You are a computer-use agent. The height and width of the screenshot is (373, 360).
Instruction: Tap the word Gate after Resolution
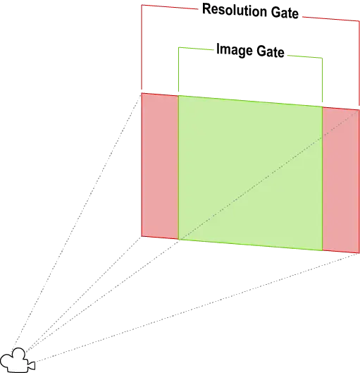(285, 13)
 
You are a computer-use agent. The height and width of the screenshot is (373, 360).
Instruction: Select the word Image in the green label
(235, 50)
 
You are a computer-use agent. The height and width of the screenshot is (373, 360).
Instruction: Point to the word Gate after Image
(271, 51)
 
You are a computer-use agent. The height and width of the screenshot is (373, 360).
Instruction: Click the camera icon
(18, 360)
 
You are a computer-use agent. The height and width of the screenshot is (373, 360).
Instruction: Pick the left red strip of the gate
(160, 166)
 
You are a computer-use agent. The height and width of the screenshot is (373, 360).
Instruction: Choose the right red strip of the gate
(341, 180)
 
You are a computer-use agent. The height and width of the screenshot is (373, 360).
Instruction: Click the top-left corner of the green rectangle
(179, 96)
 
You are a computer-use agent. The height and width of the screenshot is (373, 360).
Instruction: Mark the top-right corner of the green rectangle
(323, 106)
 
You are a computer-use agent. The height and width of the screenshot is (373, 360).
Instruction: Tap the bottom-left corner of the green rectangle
(179, 239)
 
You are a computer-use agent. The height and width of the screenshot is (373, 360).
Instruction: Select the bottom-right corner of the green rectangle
(323, 250)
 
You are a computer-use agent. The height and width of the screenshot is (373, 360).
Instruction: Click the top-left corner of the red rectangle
(142, 93)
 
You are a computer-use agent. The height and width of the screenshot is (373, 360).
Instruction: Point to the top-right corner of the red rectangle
(359, 110)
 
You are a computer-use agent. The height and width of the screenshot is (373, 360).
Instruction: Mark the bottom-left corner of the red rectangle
(142, 236)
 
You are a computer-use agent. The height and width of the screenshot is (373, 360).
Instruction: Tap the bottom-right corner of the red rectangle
(359, 253)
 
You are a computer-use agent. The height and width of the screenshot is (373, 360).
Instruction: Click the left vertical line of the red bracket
(142, 47)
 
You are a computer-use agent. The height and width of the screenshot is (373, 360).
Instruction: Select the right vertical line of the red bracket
(359, 63)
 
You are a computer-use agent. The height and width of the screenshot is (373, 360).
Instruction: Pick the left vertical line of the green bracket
(179, 69)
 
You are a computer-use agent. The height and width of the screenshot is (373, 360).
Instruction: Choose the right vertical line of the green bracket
(323, 80)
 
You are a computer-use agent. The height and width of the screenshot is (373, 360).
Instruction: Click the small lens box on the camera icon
(32, 365)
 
